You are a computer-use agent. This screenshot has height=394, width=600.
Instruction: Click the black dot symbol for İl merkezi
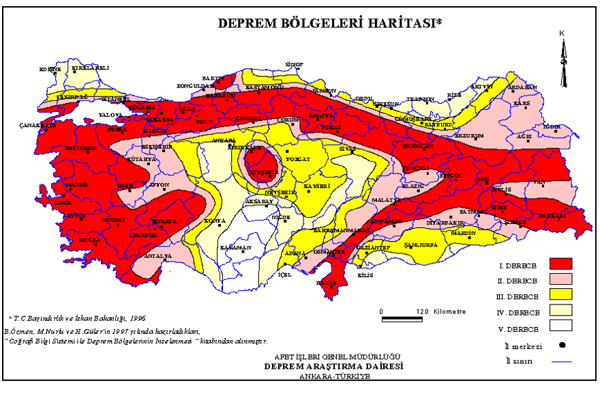coord(562,344)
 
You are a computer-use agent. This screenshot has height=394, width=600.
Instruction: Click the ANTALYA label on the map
coord(157,257)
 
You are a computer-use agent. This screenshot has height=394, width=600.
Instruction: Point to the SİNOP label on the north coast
coord(294,64)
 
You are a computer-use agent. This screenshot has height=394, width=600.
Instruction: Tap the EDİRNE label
coord(50,69)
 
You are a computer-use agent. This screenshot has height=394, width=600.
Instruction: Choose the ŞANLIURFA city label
coord(420,244)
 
